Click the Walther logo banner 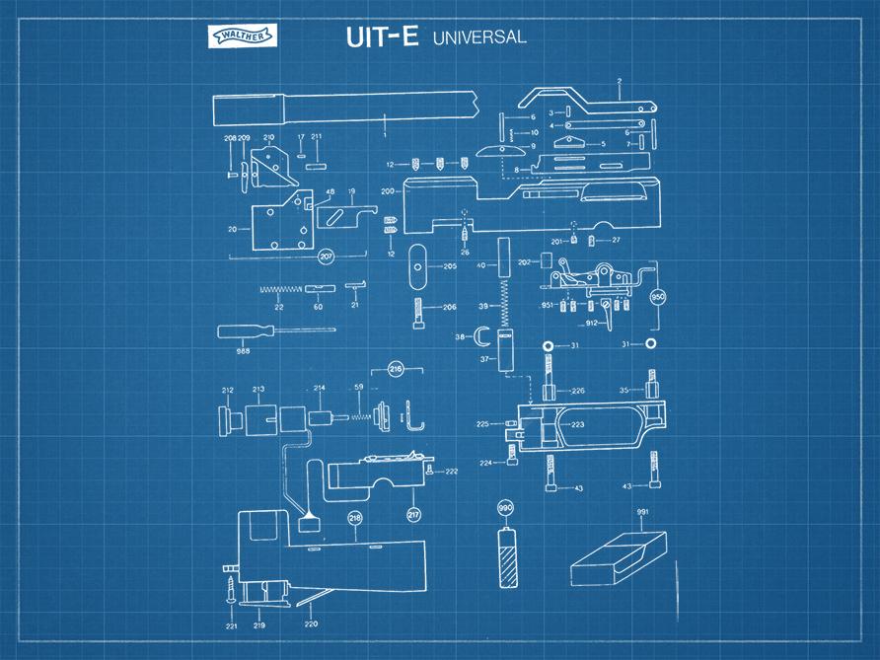click(x=242, y=36)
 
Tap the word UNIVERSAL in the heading click(x=478, y=37)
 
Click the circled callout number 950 click(x=657, y=295)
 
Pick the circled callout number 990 click(x=507, y=508)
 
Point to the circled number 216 click(x=396, y=369)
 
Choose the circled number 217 click(x=413, y=514)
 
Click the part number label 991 click(x=641, y=511)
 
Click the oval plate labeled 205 click(x=419, y=266)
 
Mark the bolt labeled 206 click(x=420, y=315)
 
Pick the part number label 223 click(x=577, y=424)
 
